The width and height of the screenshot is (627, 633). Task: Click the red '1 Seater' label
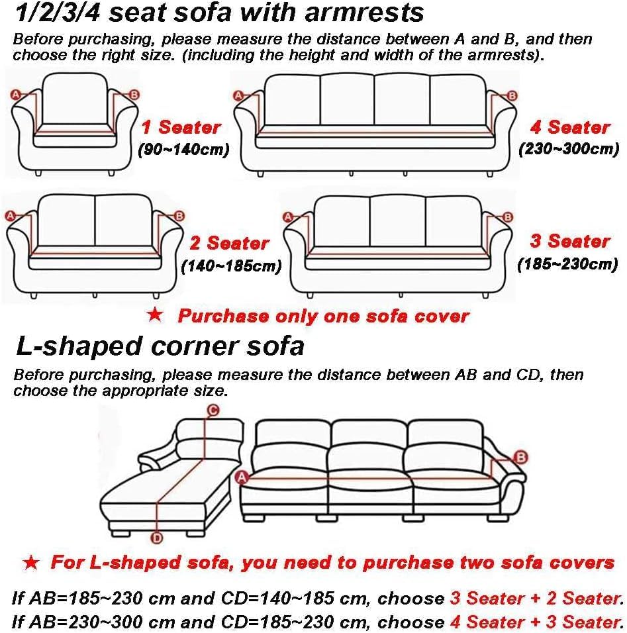180,126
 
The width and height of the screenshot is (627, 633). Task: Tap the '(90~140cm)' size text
183,150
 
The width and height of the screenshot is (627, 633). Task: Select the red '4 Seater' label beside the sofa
569,126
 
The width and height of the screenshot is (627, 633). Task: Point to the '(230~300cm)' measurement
569,148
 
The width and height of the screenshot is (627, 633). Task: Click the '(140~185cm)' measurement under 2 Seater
231,267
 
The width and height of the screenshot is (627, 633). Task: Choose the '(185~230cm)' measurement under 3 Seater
567,264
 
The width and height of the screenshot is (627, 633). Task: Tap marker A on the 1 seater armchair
15,95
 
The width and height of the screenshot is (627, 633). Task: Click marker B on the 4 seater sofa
511,96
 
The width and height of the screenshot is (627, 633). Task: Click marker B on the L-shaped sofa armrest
520,457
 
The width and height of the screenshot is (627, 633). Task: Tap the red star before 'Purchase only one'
155,315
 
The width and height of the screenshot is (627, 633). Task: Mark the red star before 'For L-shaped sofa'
30,563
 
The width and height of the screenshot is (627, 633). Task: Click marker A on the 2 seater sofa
10,215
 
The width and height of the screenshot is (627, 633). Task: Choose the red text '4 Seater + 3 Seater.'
536,622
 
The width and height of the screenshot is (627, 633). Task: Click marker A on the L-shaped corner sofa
242,475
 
